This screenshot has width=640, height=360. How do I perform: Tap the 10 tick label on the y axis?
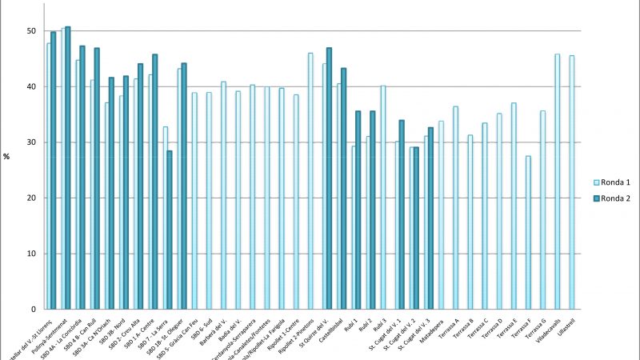(x=30, y=254)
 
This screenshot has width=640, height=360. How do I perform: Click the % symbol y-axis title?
(x=6, y=156)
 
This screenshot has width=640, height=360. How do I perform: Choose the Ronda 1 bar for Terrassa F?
(x=528, y=232)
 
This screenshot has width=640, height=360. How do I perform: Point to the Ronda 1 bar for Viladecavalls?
(x=557, y=181)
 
